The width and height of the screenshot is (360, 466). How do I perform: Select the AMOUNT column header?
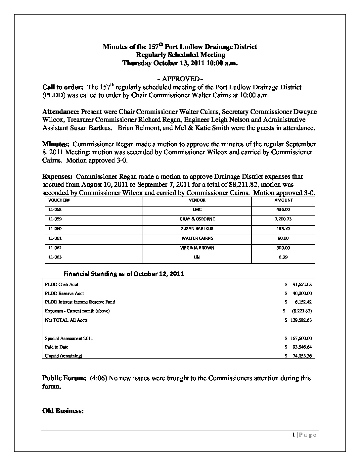point(283,200)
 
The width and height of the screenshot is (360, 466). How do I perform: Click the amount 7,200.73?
point(283,219)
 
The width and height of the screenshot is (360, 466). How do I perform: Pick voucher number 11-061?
point(55,238)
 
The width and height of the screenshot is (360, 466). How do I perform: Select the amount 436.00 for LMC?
point(283,210)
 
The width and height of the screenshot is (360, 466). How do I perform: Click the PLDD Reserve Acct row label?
point(64,293)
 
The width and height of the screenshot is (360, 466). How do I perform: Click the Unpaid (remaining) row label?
point(64,356)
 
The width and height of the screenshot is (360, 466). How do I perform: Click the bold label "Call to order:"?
point(63,87)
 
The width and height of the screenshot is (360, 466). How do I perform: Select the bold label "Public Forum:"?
point(65,378)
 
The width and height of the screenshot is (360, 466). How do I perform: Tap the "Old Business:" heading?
point(63,411)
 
